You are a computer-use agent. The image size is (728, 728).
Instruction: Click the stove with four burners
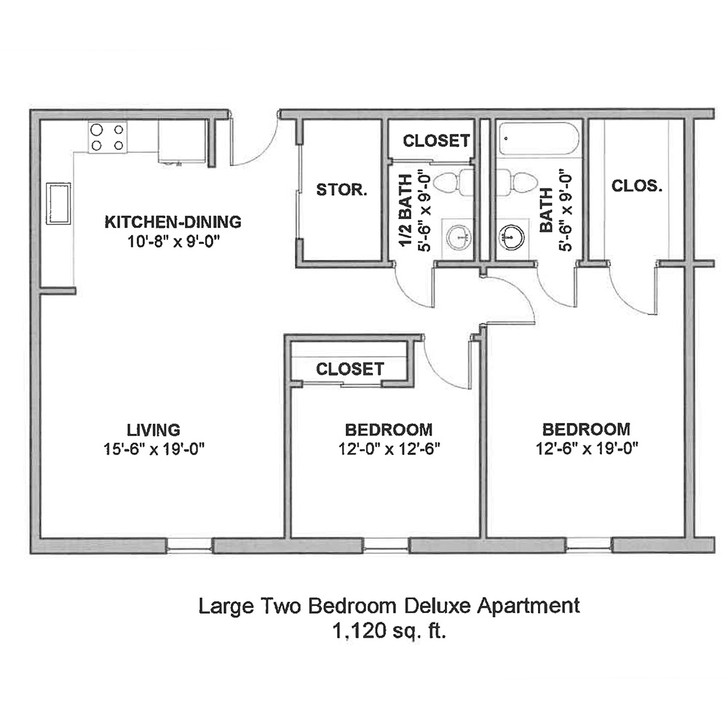click(x=108, y=137)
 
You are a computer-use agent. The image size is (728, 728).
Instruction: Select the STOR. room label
click(x=341, y=190)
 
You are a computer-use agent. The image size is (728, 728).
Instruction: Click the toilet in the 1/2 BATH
click(x=459, y=182)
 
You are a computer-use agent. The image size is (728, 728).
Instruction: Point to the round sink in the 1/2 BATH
click(x=459, y=235)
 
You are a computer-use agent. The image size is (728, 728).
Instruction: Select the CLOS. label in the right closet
click(x=637, y=186)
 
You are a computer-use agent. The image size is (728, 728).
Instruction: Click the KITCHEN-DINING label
click(x=173, y=221)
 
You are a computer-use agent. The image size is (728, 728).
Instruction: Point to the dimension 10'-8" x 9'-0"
click(x=173, y=240)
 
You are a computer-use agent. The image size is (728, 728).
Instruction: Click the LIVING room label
click(x=153, y=430)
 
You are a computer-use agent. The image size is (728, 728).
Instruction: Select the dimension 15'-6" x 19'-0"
click(x=153, y=448)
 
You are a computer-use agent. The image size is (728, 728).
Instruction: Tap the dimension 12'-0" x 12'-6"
click(x=389, y=448)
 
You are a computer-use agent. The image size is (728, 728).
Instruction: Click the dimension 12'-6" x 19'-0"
click(x=586, y=448)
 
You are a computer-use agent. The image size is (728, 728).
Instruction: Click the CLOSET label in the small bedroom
click(x=349, y=369)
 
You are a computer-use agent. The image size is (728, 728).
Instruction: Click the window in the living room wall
click(x=189, y=545)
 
